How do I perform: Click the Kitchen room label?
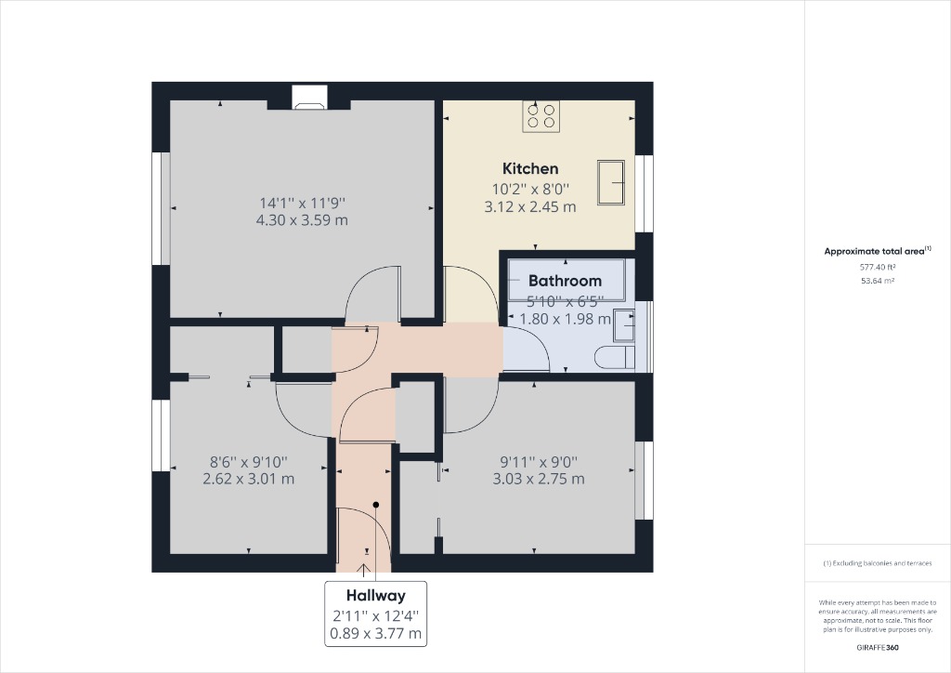coord(530,168)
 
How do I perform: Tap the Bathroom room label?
coord(565,280)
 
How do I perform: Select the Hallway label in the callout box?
coord(375,595)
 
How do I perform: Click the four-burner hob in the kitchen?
coord(542,115)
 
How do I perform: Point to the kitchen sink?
coord(613,180)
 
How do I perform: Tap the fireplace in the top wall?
coord(309,98)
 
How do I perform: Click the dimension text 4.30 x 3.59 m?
coord(302,220)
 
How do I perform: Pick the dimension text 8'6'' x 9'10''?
coord(248,461)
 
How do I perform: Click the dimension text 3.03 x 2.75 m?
coord(539,479)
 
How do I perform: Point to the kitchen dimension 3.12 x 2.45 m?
coord(530,206)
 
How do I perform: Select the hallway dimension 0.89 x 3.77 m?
coord(375,634)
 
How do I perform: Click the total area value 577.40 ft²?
coord(878,267)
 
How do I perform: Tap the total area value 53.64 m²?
coord(878,280)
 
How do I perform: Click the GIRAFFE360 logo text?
coord(878,647)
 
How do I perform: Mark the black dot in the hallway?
coord(376,505)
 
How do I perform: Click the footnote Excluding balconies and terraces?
coord(878,564)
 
